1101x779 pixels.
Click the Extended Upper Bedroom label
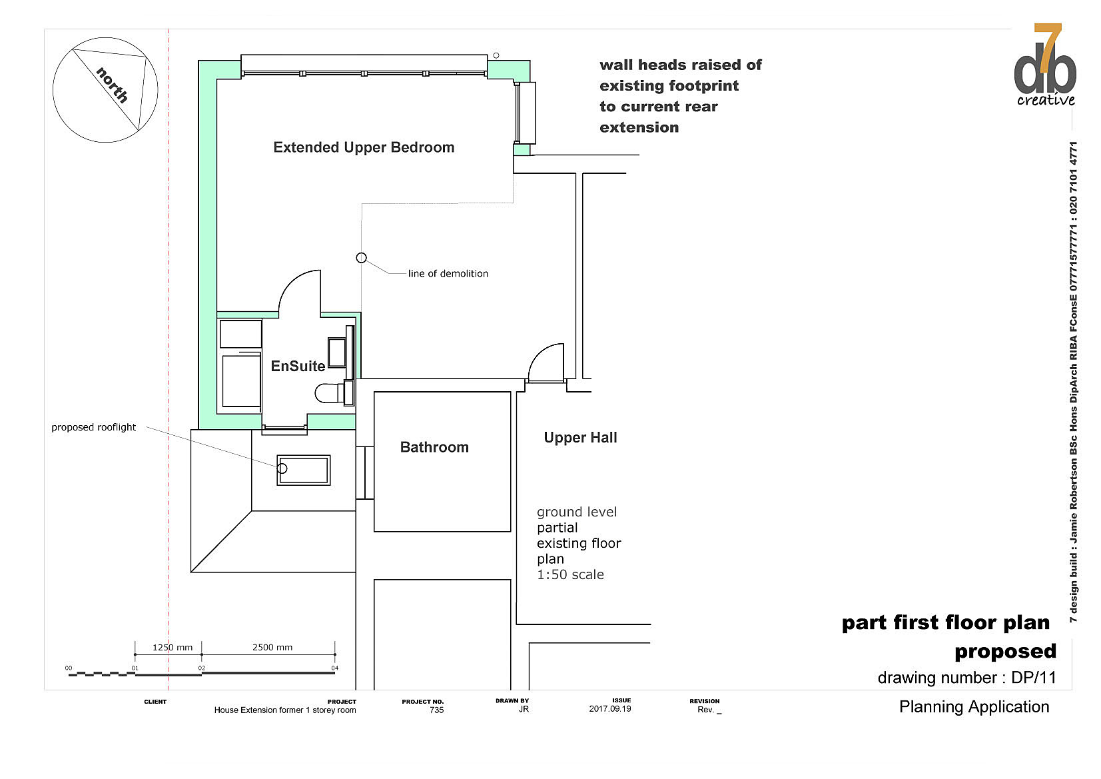(364, 147)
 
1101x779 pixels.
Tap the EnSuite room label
(298, 366)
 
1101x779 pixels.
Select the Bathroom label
(434, 447)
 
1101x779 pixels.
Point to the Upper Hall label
(580, 437)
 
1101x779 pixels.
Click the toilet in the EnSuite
(330, 393)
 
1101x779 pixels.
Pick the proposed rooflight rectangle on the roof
(303, 470)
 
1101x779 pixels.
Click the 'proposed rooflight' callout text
(93, 427)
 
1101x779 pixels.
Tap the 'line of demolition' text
(448, 273)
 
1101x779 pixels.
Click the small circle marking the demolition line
(361, 258)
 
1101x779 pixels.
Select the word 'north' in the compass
(113, 85)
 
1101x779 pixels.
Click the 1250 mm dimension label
(173, 647)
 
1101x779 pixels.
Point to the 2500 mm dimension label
(272, 647)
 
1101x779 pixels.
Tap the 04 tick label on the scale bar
(335, 668)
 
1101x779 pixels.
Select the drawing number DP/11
(1034, 678)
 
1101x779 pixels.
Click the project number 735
(436, 710)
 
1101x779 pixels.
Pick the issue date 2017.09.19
(610, 708)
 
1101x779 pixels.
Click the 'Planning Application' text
(974, 707)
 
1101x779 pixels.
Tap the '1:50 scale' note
(570, 574)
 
